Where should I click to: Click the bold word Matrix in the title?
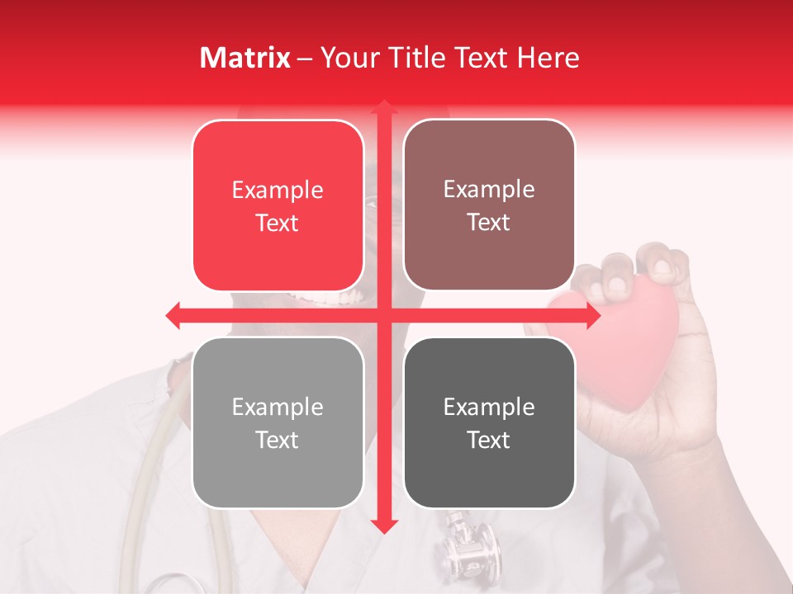pyautogui.click(x=245, y=58)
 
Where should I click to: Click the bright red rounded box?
pyautogui.click(x=278, y=205)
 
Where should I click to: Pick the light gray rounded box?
pyautogui.click(x=278, y=422)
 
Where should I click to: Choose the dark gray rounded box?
pyautogui.click(x=489, y=422)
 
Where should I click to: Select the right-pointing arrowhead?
pyautogui.click(x=592, y=315)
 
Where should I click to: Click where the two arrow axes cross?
pyautogui.click(x=383, y=315)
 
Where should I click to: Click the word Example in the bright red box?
pyautogui.click(x=278, y=191)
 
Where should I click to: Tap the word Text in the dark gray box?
pyautogui.click(x=489, y=440)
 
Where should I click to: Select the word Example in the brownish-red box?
pyautogui.click(x=489, y=190)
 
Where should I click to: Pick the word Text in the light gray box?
pyautogui.click(x=278, y=440)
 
